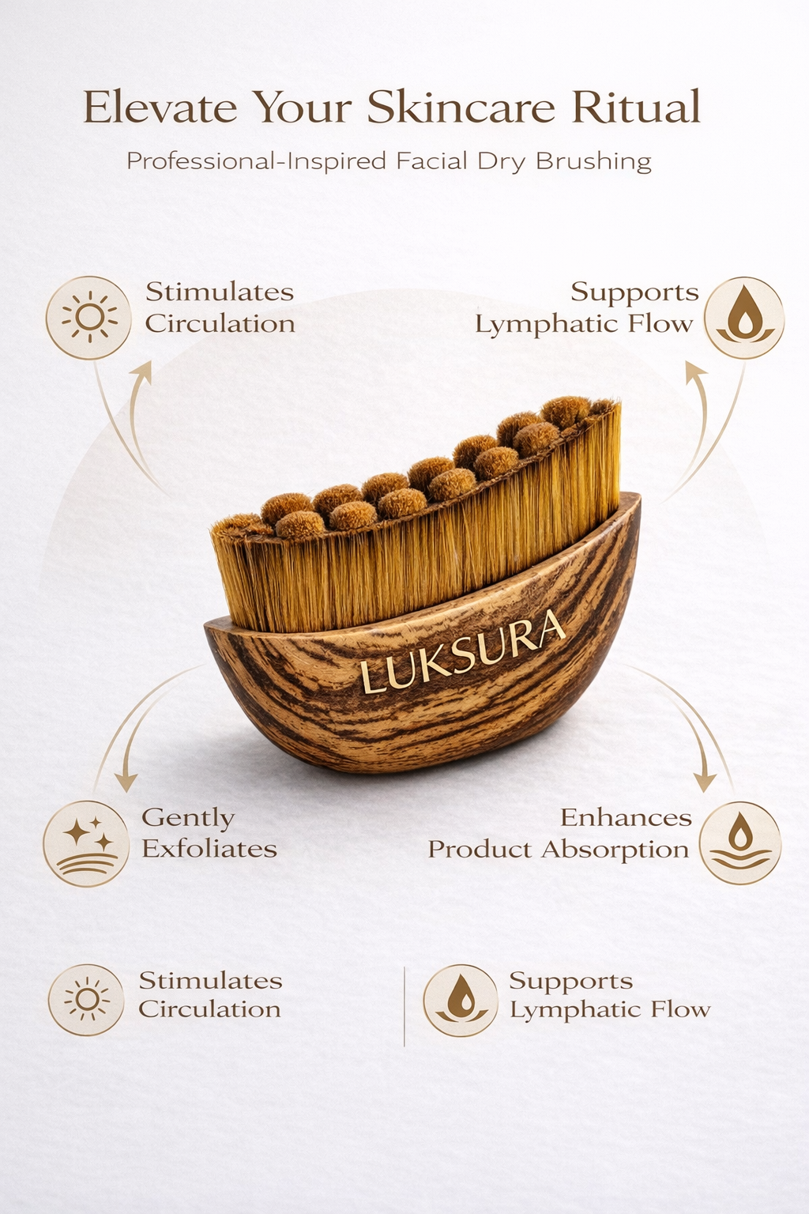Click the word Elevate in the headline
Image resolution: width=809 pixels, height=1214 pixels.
coord(160,107)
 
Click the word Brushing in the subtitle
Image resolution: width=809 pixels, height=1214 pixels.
coord(593,161)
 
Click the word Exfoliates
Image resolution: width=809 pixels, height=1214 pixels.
coord(209,849)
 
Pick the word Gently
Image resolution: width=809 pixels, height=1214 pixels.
coord(188,817)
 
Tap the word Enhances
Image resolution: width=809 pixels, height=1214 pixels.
coord(626,817)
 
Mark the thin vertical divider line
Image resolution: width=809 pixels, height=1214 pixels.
coord(404,1005)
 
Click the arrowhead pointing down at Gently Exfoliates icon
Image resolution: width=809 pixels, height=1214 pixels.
coord(126,782)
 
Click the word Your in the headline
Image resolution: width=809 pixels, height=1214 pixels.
coord(302,107)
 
